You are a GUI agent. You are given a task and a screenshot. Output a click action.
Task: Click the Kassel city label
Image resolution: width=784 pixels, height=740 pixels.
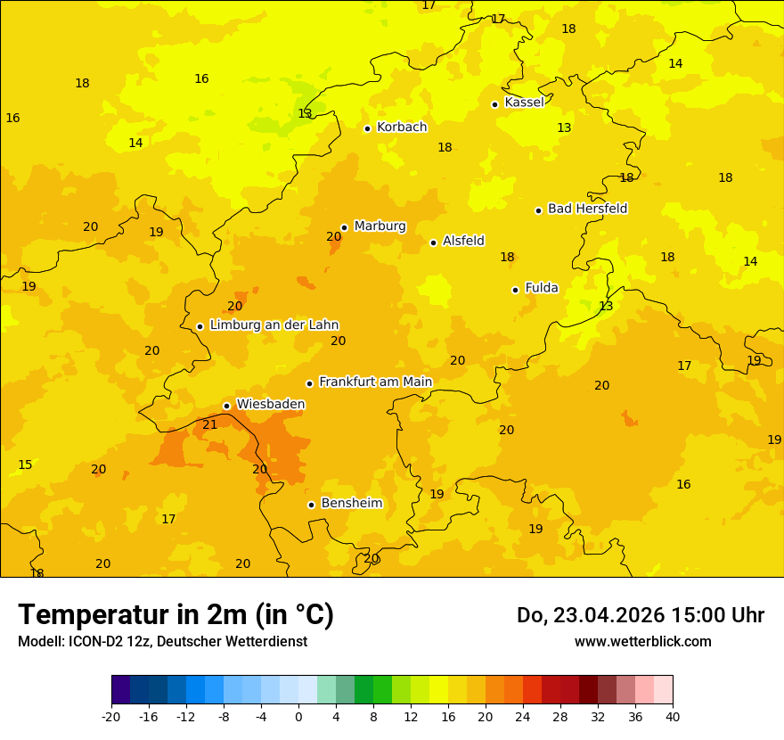pyautogui.click(x=524, y=103)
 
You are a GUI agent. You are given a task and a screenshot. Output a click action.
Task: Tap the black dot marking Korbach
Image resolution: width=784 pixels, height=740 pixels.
pyautogui.click(x=367, y=128)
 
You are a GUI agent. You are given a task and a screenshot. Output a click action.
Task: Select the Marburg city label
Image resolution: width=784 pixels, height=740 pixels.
pyautogui.click(x=380, y=226)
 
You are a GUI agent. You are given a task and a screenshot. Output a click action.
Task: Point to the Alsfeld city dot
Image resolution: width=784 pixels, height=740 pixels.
pyautogui.click(x=433, y=243)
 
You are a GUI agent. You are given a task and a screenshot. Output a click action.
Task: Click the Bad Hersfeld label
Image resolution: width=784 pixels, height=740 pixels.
pyautogui.click(x=587, y=209)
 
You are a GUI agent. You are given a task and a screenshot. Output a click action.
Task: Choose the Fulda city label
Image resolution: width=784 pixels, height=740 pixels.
pyautogui.click(x=542, y=288)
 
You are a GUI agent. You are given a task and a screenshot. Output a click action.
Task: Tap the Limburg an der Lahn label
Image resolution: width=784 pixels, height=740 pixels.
pyautogui.click(x=274, y=325)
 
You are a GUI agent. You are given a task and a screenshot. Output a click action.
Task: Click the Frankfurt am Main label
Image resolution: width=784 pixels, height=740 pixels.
pyautogui.click(x=375, y=382)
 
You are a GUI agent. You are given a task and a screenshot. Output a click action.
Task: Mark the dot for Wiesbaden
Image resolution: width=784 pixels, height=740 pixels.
pyautogui.click(x=226, y=406)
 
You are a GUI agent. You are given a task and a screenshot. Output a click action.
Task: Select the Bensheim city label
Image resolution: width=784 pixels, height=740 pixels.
pyautogui.click(x=351, y=504)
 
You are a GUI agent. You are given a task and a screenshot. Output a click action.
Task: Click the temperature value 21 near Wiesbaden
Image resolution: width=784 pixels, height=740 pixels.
pyautogui.click(x=210, y=425)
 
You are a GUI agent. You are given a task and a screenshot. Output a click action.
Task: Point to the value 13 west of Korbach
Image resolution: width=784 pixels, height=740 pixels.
pyautogui.click(x=305, y=114)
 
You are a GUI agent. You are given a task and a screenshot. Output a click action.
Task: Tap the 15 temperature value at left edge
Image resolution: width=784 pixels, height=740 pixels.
pyautogui.click(x=25, y=465)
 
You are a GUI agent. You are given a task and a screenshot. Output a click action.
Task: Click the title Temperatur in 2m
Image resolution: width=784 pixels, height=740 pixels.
pyautogui.click(x=176, y=615)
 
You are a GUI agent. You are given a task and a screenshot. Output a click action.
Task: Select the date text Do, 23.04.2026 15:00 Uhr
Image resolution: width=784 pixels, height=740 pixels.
pyautogui.click(x=641, y=616)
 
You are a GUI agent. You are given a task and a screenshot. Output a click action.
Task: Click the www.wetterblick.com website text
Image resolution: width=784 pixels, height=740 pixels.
pyautogui.click(x=642, y=642)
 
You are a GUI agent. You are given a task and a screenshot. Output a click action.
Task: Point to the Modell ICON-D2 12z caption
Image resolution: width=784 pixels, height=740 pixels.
pyautogui.click(x=162, y=642)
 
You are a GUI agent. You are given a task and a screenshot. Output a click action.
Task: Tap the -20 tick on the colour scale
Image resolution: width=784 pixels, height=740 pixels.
pyautogui.click(x=111, y=717)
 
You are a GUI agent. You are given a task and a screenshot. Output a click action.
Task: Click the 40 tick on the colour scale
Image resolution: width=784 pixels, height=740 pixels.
pyautogui.click(x=673, y=717)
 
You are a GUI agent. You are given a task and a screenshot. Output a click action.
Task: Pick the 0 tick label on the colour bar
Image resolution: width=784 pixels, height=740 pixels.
pyautogui.click(x=298, y=717)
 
